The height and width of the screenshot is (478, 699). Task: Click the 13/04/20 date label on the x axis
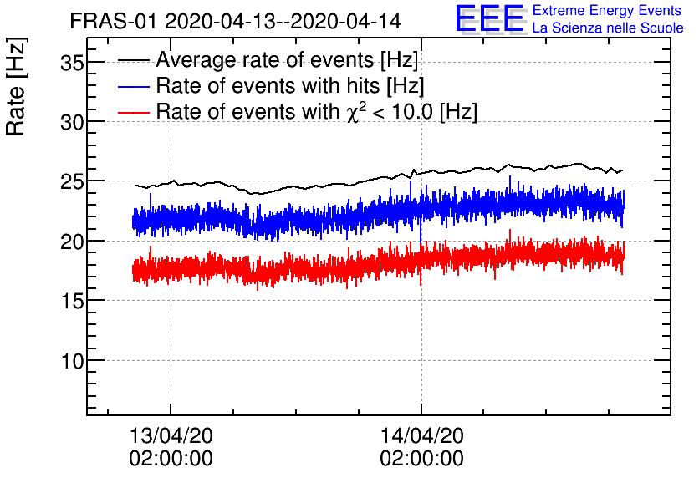point(171,435)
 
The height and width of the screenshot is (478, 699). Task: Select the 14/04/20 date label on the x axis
point(421,435)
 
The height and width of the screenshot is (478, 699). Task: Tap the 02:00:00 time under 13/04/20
point(171,458)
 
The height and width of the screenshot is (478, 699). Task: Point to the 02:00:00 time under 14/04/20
point(421,458)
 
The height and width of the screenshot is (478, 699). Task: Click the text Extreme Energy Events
point(606,11)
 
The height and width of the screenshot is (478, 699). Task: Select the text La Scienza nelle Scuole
point(608,28)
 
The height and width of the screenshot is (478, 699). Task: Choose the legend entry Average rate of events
point(287,60)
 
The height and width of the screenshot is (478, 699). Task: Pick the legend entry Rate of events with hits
point(289,85)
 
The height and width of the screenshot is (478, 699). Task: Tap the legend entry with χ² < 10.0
point(316,111)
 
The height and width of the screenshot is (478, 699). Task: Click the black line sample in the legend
point(134,60)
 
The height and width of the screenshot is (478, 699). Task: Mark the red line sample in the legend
point(134,112)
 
